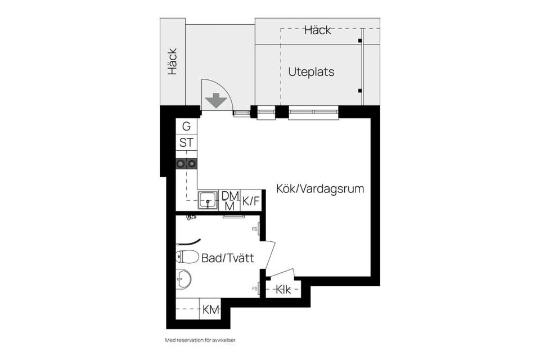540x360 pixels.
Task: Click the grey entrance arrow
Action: coord(216,101)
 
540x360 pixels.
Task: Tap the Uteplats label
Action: coord(311,72)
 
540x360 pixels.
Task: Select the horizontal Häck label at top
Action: coord(318,30)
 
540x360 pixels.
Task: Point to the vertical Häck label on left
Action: coord(172,61)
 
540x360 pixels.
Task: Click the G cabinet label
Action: coord(186,127)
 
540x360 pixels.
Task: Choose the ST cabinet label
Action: coord(186,143)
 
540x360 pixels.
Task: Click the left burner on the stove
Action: coord(181,164)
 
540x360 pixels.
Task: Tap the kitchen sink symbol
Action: coord(208,200)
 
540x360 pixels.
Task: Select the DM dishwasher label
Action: coord(229,196)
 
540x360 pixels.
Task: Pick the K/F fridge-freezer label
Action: coord(251,201)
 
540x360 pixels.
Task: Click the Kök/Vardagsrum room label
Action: coord(319,189)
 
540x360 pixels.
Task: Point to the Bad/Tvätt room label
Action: coord(227,259)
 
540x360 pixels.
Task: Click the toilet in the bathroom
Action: coord(187,257)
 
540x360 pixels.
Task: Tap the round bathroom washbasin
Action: coord(183,278)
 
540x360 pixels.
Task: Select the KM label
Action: coord(211,309)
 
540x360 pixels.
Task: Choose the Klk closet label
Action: coord(282,290)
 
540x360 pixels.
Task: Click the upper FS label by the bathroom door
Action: coord(254,229)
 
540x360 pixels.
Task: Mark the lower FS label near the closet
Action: coord(254,289)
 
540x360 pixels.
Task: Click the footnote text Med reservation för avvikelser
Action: coord(200,340)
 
